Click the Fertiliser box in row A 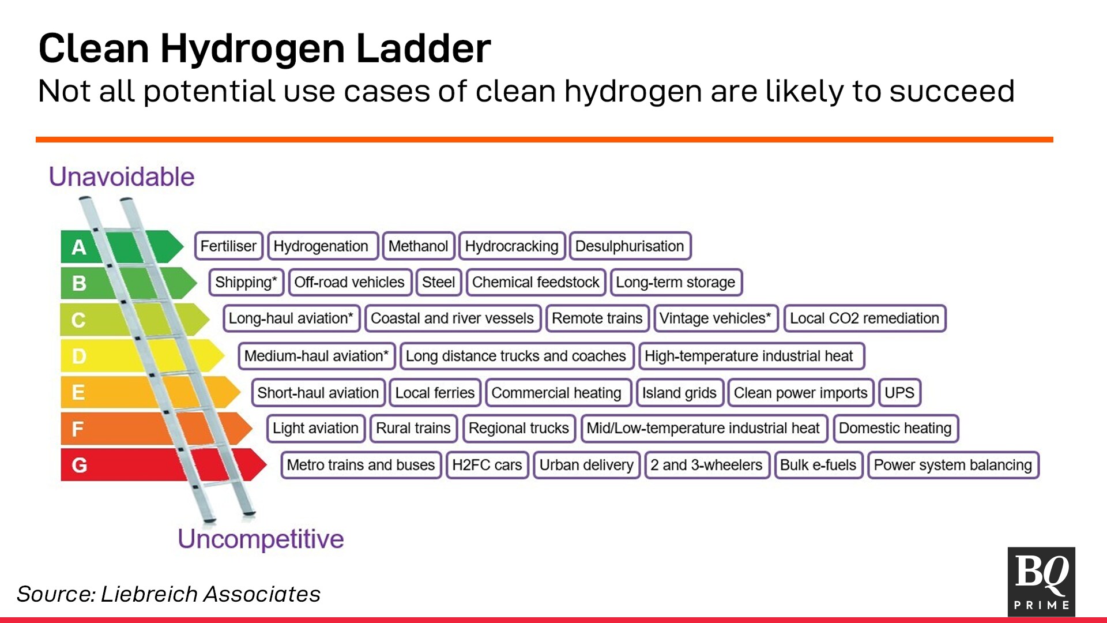[x=228, y=246]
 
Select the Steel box [x=438, y=282]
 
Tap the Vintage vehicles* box [x=716, y=318]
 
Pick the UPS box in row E [x=899, y=393]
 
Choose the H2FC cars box [x=487, y=465]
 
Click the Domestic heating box [x=895, y=429]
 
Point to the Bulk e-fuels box [x=818, y=465]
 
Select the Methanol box [x=418, y=246]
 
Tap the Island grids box [x=679, y=393]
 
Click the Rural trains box [x=413, y=429]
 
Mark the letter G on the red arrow [x=80, y=465]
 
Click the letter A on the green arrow [x=79, y=247]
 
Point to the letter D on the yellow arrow [x=79, y=356]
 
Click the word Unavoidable [x=122, y=177]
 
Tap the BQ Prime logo [x=1041, y=581]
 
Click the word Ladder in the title [x=424, y=48]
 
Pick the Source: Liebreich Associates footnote [x=168, y=594]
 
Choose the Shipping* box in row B [x=246, y=282]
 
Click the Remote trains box [x=597, y=318]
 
